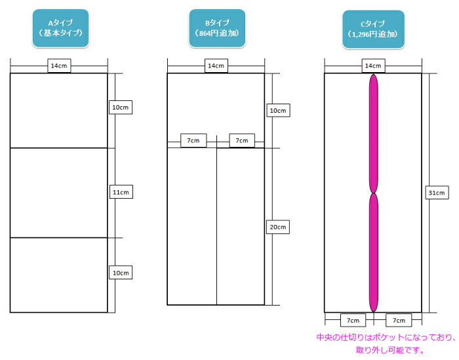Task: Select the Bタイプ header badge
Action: pos(216,28)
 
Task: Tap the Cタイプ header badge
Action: pos(373,28)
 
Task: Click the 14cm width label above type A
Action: pos(59,66)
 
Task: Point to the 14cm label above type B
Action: pos(216,66)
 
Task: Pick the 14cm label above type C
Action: pos(373,66)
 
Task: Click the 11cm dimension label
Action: pos(121,192)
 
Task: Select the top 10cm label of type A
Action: pos(121,106)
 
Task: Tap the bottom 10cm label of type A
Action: pos(121,272)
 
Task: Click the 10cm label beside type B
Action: pos(277,111)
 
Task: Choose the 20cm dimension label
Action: pos(277,227)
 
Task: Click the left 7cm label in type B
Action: pos(194,140)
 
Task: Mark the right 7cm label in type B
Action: pos(241,140)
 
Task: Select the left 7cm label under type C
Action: pos(353,321)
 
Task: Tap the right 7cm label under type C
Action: pos(399,321)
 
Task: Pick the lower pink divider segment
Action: pos(374,252)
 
